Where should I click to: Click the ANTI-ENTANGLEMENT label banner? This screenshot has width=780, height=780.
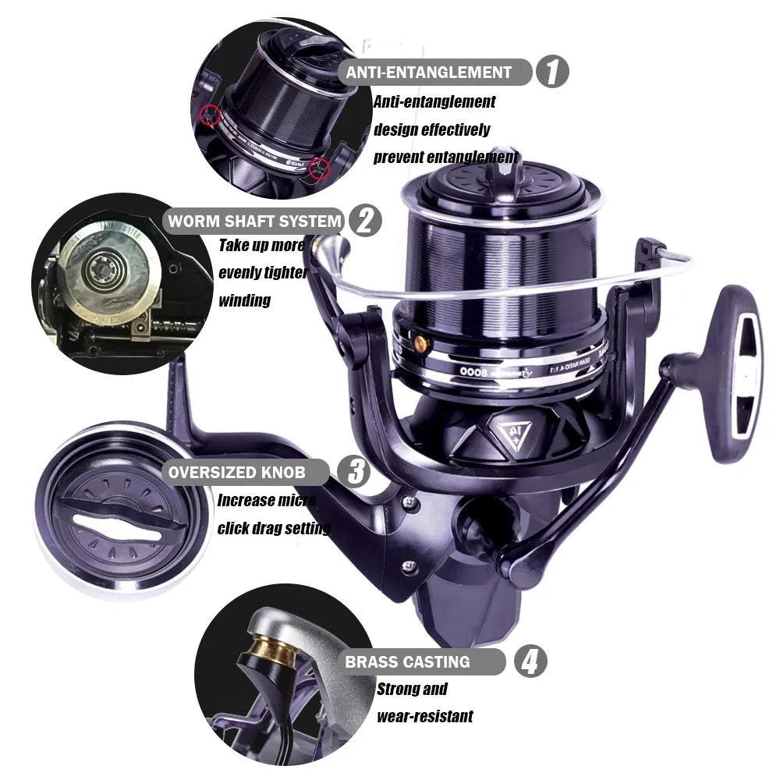click(x=429, y=73)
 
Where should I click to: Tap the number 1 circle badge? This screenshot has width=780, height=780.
click(x=552, y=73)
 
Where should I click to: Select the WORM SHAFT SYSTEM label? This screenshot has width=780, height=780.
click(x=255, y=221)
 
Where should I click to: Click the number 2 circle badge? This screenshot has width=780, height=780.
click(x=364, y=221)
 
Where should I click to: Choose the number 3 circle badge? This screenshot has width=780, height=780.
click(x=355, y=472)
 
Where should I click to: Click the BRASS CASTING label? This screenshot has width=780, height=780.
click(x=408, y=662)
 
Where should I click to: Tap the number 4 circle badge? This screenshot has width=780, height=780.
click(x=529, y=662)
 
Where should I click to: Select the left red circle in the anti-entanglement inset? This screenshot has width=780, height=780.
click(x=208, y=115)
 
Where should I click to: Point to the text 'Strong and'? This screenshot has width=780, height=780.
click(x=412, y=689)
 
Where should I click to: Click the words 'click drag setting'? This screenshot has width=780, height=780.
click(x=274, y=528)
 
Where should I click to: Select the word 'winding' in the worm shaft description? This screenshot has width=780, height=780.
click(x=245, y=300)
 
